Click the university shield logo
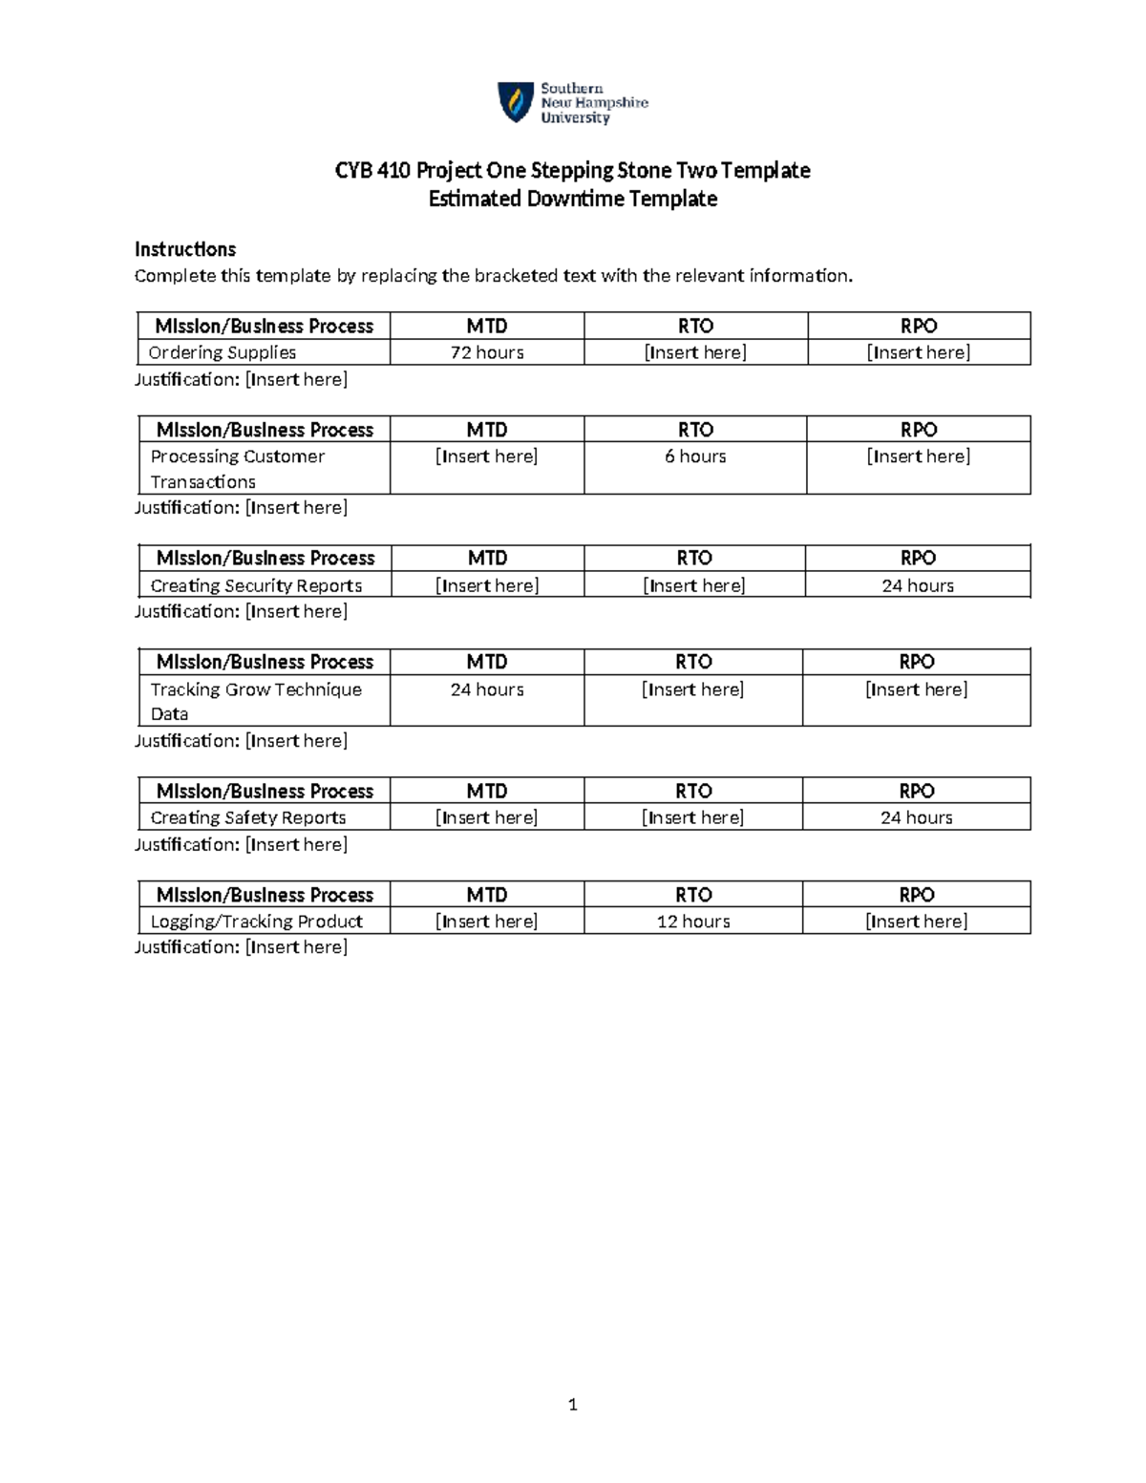516,102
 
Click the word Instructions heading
185,249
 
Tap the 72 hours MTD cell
487,352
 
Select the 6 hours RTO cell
695,456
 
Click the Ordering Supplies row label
223,352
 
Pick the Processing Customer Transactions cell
238,469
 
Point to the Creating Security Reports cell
256,585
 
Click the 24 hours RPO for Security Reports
918,585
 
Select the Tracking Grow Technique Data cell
256,701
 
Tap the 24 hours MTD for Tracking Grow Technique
487,689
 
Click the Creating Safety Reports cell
248,817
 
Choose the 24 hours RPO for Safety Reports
917,817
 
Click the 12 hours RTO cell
693,922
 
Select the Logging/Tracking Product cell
257,922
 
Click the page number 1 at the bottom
573,1404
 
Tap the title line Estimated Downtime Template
573,199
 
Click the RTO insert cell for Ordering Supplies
695,352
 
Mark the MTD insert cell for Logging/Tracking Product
487,922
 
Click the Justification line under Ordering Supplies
241,379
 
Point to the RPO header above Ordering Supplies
919,326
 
